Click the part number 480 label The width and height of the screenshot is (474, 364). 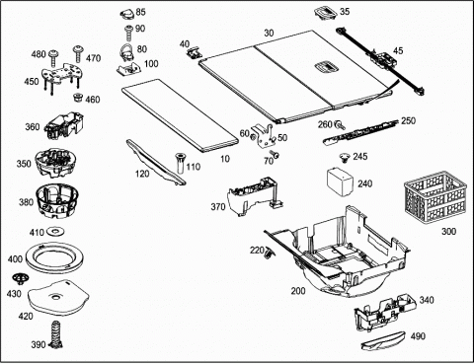tap(39, 54)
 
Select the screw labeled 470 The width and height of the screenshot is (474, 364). tap(78, 54)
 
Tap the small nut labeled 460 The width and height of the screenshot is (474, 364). tap(78, 98)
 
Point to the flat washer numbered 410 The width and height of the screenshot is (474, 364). tap(55, 232)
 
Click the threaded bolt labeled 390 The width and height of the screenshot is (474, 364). tap(55, 334)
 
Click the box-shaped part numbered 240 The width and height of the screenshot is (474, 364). tap(340, 182)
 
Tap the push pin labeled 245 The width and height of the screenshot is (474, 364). tap(345, 158)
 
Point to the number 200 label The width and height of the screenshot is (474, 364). tap(298, 291)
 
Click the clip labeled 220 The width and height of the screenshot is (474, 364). tap(270, 254)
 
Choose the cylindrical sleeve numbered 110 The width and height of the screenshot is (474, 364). tap(181, 164)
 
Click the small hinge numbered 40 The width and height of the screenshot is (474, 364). tap(194, 52)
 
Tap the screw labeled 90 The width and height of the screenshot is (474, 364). tap(128, 33)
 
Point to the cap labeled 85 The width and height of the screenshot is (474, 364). tap(127, 14)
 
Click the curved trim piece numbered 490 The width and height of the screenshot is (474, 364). tap(384, 340)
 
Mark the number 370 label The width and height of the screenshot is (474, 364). tap(218, 206)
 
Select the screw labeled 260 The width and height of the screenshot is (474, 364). tap(340, 124)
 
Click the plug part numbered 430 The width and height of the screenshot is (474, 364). tap(20, 279)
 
